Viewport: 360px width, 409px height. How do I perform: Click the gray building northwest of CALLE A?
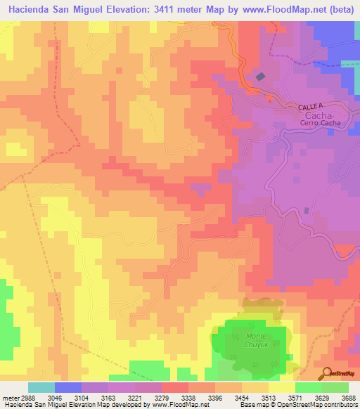pos(262,77)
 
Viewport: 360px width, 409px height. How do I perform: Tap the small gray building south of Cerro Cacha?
pos(307,211)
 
